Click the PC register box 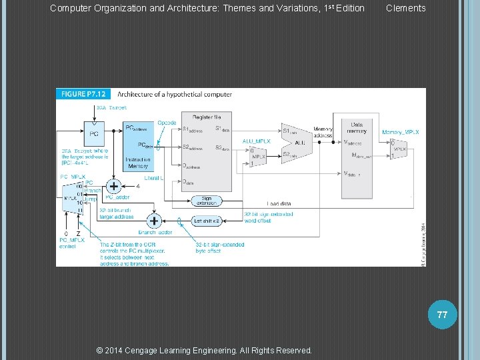95,134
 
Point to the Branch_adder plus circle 155,221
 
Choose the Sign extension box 206,200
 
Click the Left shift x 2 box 206,220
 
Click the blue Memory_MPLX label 401,133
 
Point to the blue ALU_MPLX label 256,141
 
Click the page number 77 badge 442,315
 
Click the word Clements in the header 405,8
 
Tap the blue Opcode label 167,123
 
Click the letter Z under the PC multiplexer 78,233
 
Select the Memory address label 323,132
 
